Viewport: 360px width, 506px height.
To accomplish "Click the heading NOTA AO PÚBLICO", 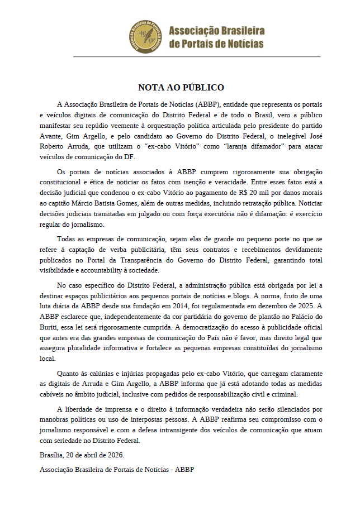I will click(181, 87).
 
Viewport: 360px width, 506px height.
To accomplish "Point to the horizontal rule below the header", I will click(197, 56).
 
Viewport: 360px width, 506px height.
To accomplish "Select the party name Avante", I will click(51, 136).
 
